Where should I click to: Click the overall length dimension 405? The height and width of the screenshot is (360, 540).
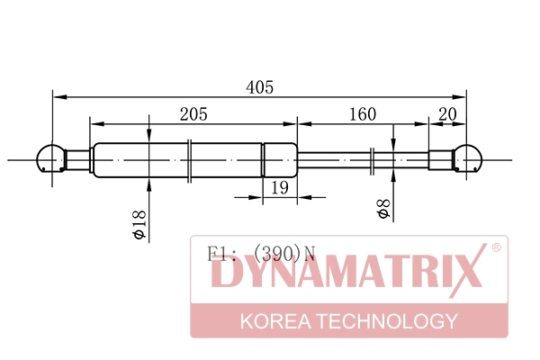click(x=260, y=87)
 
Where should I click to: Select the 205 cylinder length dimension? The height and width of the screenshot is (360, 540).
click(x=193, y=113)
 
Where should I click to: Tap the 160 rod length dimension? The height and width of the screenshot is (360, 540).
click(x=361, y=113)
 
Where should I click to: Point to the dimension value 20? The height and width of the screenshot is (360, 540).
click(x=446, y=113)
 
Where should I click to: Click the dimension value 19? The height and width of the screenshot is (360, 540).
click(x=279, y=187)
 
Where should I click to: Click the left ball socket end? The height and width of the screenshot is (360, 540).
click(x=49, y=159)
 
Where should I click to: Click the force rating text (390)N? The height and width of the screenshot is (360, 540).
click(x=284, y=255)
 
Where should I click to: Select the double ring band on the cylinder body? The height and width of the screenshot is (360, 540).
click(x=190, y=159)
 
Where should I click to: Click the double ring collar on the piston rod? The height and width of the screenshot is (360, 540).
click(x=373, y=159)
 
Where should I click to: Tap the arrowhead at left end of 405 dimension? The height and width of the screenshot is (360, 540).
click(x=58, y=95)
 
